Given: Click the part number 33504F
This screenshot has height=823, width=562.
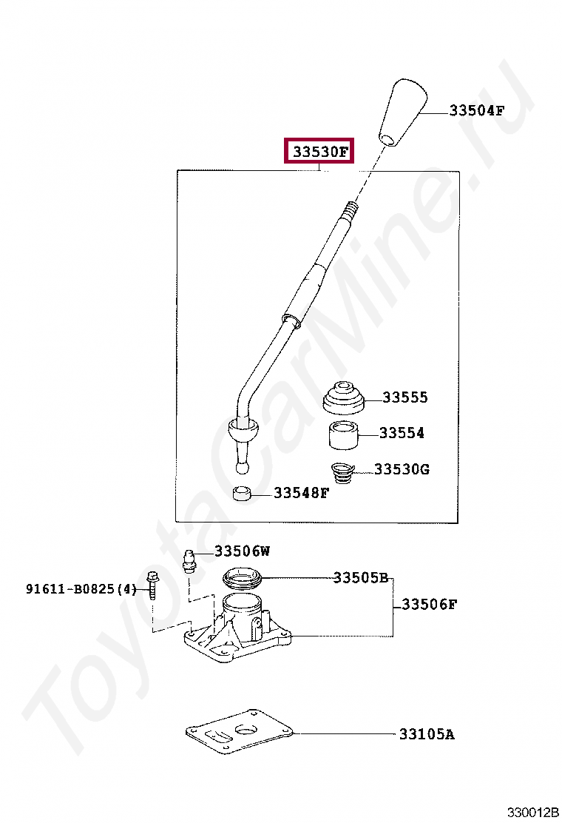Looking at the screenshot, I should pyautogui.click(x=477, y=111).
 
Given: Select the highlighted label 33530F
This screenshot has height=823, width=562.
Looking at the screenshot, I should pyautogui.click(x=320, y=152).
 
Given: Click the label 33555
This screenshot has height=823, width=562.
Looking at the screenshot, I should pyautogui.click(x=405, y=397).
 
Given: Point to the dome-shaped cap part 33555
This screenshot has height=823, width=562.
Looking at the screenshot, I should pyautogui.click(x=345, y=399).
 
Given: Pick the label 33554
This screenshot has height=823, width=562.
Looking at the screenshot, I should pyautogui.click(x=402, y=433).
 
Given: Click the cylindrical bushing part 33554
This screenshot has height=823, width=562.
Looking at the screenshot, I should pyautogui.click(x=343, y=435).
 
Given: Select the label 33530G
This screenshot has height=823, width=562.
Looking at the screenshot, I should pyautogui.click(x=402, y=469).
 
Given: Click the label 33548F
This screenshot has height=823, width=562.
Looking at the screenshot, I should pyautogui.click(x=301, y=493).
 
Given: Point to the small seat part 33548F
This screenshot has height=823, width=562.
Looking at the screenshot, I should pyautogui.click(x=242, y=493).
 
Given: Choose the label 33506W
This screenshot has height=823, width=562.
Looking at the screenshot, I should pyautogui.click(x=243, y=551).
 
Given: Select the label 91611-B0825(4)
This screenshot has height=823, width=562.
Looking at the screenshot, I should pyautogui.click(x=82, y=589).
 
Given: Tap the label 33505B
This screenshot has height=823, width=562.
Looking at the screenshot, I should pyautogui.click(x=361, y=577).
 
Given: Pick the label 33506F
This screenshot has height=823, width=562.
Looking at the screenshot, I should pyautogui.click(x=430, y=605).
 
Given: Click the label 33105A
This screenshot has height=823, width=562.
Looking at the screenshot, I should pyautogui.click(x=427, y=734).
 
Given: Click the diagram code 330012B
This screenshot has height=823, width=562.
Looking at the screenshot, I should pyautogui.click(x=532, y=813).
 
